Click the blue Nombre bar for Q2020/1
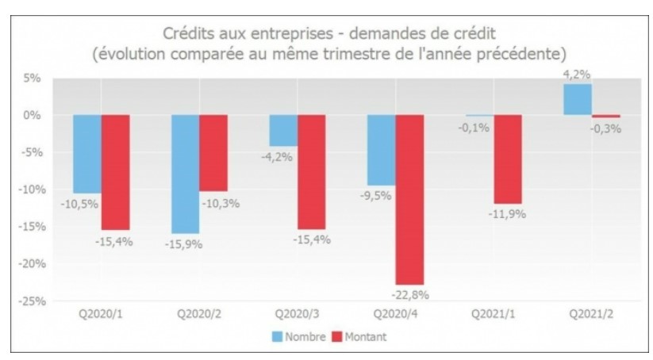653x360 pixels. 88,153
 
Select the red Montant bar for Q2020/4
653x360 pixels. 409,198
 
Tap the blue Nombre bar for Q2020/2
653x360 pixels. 186,174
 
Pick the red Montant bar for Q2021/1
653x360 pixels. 507,159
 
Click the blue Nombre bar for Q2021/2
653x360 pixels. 577,99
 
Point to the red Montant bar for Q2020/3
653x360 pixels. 311,171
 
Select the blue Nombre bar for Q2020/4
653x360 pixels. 381,150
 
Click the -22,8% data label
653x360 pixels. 410,294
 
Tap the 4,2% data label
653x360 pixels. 576,75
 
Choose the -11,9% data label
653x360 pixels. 507,214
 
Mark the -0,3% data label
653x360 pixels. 606,128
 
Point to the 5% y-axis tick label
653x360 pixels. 32,78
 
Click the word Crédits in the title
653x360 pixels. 190,33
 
